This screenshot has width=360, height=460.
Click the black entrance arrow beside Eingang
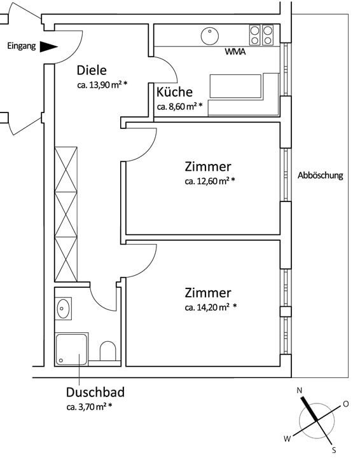tap(48, 46)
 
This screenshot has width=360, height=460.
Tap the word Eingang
tap(22, 46)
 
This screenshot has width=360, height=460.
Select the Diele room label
tap(92, 71)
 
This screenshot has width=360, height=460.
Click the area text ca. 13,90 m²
tap(102, 85)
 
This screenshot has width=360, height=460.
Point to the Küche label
tap(174, 92)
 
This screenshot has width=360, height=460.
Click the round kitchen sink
tap(210, 36)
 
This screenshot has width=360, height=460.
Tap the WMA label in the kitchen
tap(235, 52)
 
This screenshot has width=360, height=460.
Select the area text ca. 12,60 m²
tap(210, 180)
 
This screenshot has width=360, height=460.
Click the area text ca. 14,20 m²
tap(211, 307)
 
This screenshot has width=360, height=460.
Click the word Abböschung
tap(321, 175)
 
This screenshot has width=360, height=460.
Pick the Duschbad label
tap(95, 392)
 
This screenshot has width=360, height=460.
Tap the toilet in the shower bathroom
tap(107, 351)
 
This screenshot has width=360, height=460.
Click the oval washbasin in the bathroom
tap(63, 309)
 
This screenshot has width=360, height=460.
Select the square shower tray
tap(71, 349)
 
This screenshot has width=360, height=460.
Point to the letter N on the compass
tap(300, 390)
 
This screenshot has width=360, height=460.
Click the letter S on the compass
tap(334, 450)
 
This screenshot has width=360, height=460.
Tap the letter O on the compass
tap(346, 404)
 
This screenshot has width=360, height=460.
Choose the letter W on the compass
tap(287, 438)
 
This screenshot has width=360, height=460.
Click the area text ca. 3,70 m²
tap(89, 407)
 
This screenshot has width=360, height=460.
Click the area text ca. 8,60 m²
tap(180, 106)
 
